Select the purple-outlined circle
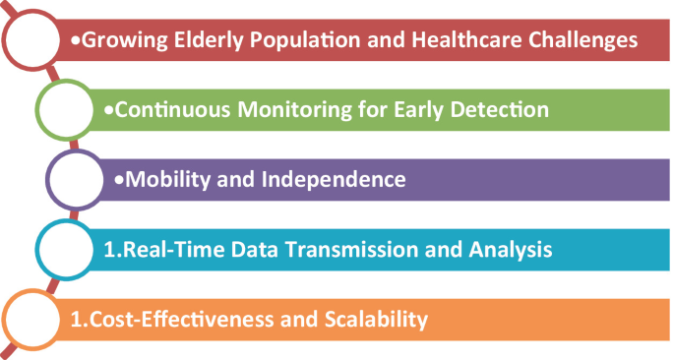click(79, 180)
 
